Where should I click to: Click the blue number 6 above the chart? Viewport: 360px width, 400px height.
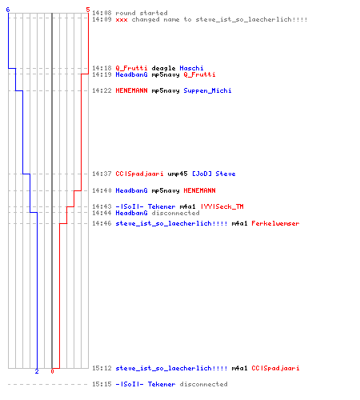click(x=8, y=10)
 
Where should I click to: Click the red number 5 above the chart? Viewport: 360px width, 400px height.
click(x=88, y=10)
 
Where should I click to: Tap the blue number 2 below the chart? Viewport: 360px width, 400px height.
click(x=37, y=371)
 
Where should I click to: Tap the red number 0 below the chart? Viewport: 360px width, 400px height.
click(x=52, y=371)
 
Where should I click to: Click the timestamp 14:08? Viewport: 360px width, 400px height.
click(x=102, y=13)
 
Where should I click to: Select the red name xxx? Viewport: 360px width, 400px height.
click(x=122, y=20)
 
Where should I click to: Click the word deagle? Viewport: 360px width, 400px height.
click(x=163, y=68)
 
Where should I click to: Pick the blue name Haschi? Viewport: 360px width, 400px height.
click(x=191, y=68)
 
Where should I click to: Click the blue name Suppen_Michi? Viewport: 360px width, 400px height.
click(x=207, y=90)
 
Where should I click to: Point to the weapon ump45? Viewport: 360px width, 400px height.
click(x=178, y=174)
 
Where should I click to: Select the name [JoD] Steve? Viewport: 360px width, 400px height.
click(x=214, y=174)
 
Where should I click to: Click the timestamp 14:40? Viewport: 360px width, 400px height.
click(x=102, y=190)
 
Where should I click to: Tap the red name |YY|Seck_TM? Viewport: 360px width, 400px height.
click(x=222, y=206)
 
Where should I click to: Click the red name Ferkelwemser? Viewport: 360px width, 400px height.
click(x=275, y=223)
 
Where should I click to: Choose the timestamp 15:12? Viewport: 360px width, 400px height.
click(x=102, y=368)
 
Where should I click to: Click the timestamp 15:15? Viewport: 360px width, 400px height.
click(x=102, y=384)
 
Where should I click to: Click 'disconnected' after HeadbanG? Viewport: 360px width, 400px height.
click(x=175, y=213)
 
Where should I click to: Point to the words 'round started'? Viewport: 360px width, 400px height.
click(x=142, y=13)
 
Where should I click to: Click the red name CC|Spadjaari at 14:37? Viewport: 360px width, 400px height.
click(x=139, y=174)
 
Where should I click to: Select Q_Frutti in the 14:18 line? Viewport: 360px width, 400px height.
click(x=131, y=68)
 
